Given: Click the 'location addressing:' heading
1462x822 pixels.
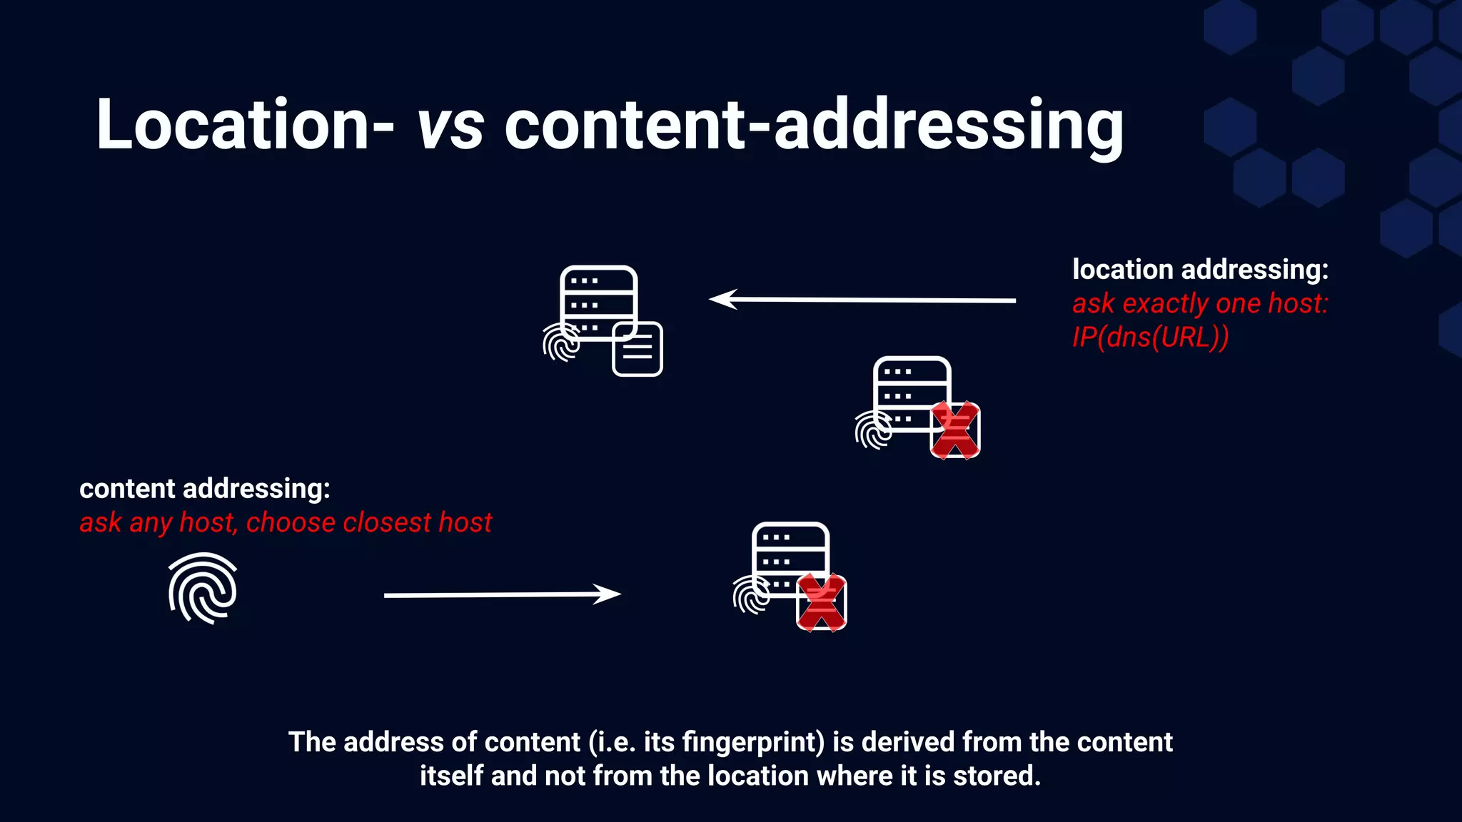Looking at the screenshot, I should tap(1200, 270).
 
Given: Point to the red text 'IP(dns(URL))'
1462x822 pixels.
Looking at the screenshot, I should tap(1150, 337).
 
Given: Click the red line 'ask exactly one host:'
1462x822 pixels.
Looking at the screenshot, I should tap(1200, 303).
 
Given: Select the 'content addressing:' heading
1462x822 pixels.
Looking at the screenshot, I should tap(205, 489).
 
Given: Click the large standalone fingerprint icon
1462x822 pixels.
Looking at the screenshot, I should tap(203, 589).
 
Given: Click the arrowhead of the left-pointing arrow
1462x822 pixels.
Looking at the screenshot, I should tap(721, 299).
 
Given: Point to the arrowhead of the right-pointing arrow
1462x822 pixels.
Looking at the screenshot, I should tap(609, 594).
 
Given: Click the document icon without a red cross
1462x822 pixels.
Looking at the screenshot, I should tap(637, 349).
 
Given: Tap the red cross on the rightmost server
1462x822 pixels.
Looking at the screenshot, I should tap(955, 430).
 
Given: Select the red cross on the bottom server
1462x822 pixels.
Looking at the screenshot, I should tap(822, 602).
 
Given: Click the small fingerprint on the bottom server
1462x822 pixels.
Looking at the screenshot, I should tap(751, 595).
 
